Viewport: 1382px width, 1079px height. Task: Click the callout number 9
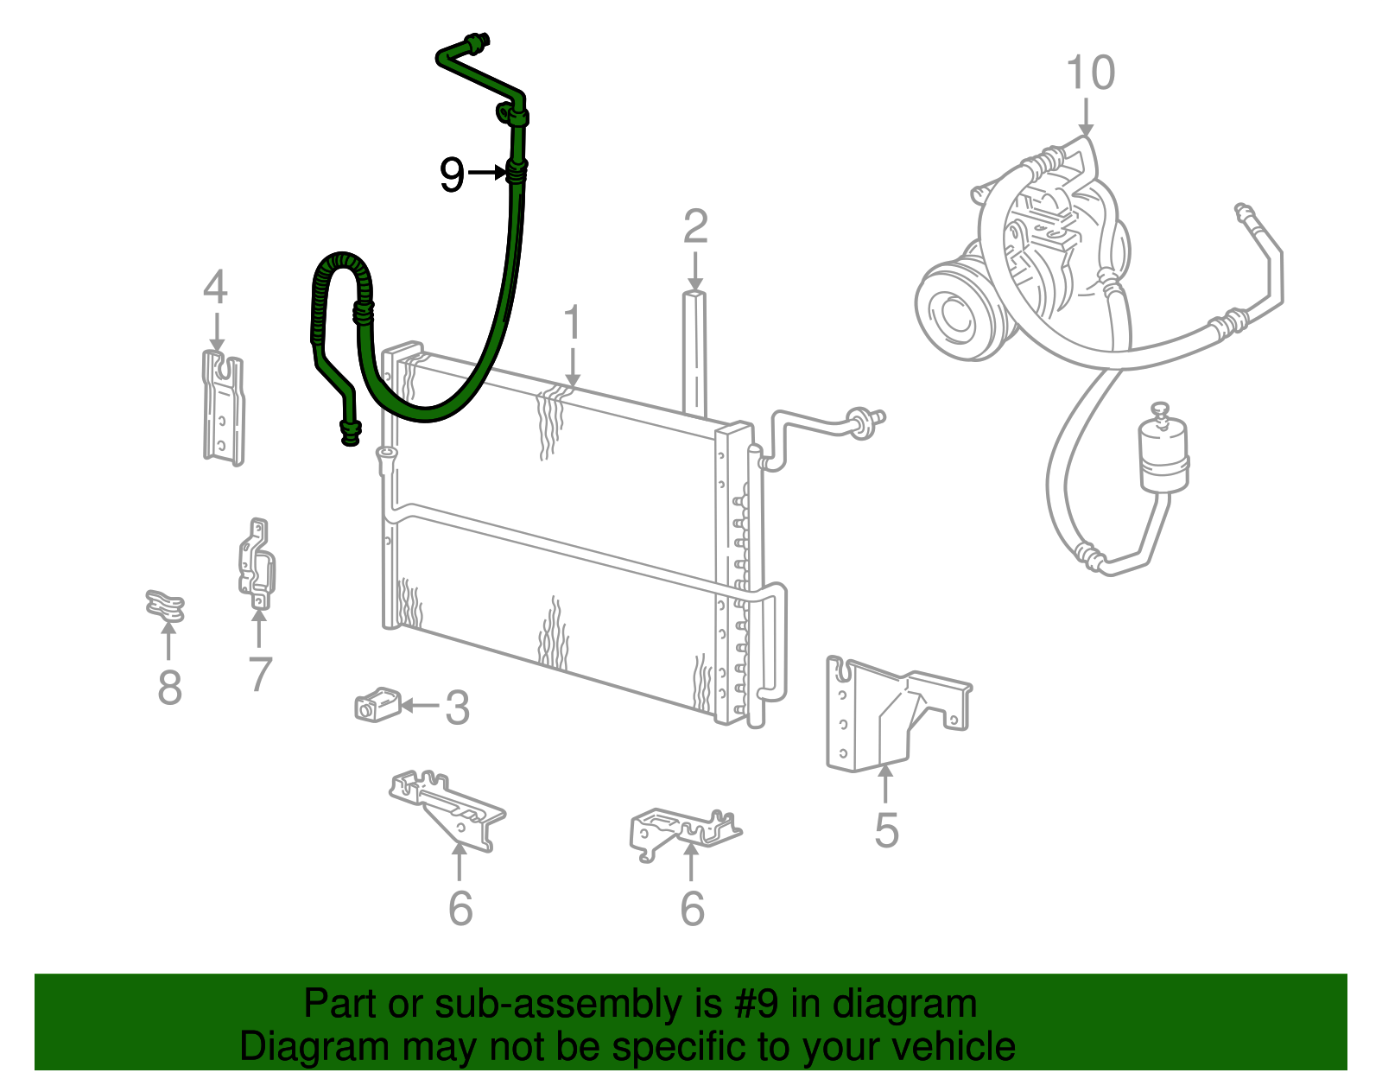pos(453,175)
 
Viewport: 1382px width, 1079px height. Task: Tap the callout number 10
pos(1090,73)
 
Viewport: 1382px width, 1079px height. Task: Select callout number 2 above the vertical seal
pos(695,226)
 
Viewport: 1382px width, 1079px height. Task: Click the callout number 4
pos(215,287)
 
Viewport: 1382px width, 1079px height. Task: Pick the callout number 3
pos(457,707)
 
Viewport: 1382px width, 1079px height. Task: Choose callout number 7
pos(259,674)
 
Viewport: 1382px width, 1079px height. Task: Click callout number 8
pos(170,688)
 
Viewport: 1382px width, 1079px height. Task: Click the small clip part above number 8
pos(165,606)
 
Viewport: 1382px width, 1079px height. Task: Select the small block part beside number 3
pos(377,704)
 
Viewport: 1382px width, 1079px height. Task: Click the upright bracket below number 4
pos(223,408)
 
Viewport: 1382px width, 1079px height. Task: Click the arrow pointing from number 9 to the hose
pos(487,172)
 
